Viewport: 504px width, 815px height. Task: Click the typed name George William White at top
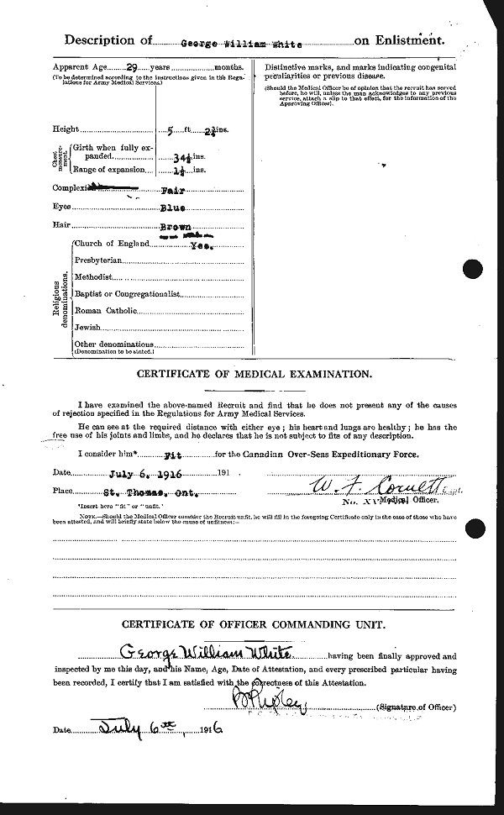point(217,40)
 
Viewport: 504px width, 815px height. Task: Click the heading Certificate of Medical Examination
point(255,373)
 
